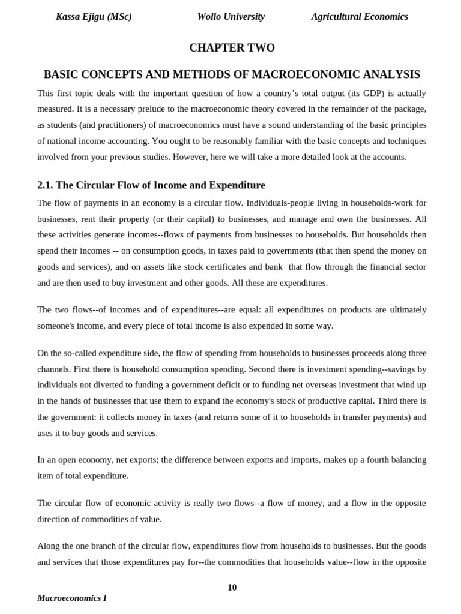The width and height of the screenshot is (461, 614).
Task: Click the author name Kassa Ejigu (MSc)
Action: [94, 17]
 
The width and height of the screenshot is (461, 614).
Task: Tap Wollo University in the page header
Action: [230, 17]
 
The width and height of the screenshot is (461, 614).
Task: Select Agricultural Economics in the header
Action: [360, 17]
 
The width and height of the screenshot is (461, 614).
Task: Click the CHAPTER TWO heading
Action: [232, 48]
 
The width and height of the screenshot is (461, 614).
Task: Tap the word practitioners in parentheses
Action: [129, 125]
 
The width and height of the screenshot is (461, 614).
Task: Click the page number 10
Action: [232, 588]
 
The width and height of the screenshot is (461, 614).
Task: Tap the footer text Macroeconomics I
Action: [72, 598]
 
